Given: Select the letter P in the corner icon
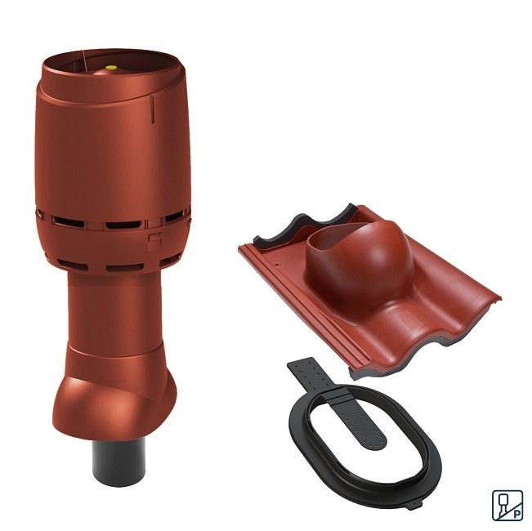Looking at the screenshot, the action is (x=517, y=514).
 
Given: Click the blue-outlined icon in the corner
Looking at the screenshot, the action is (x=507, y=505).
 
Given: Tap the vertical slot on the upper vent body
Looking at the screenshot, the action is (x=152, y=109).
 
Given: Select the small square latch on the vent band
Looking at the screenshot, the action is (x=154, y=243).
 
